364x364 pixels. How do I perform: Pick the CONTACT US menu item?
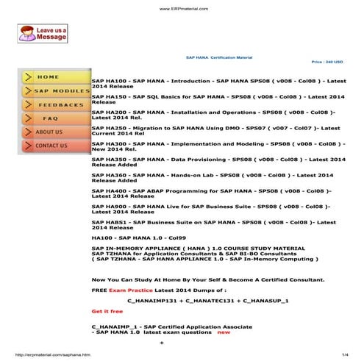coord(51,146)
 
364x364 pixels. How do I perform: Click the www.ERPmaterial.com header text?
coord(182,9)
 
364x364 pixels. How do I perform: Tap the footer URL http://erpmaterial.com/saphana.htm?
coord(51,354)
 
